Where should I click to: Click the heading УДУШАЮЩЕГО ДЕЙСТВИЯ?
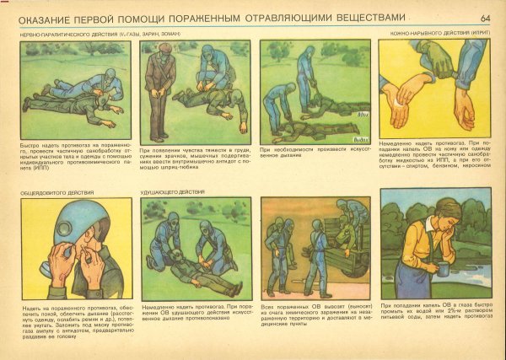[174, 192]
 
